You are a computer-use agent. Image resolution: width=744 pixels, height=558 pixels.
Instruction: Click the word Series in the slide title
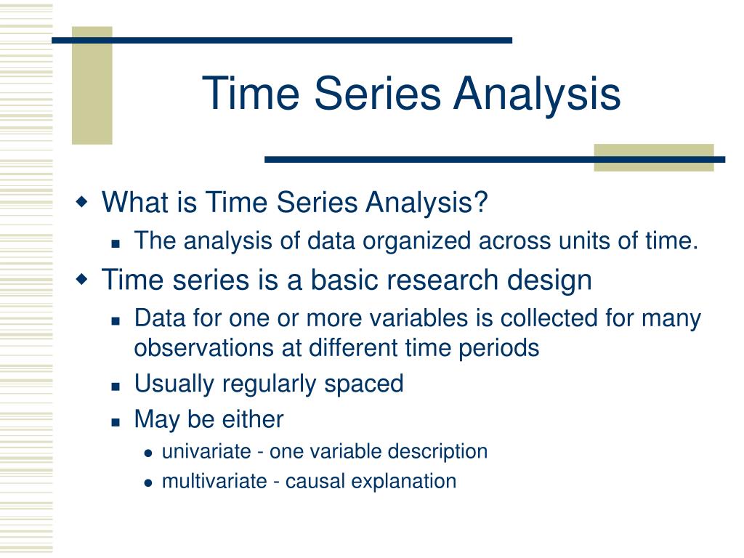(x=378, y=93)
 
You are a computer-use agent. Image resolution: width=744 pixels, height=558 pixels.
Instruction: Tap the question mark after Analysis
(x=480, y=202)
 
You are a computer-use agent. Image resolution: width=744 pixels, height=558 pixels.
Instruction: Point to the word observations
(x=204, y=348)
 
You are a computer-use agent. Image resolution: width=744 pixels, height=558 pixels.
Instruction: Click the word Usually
(x=174, y=384)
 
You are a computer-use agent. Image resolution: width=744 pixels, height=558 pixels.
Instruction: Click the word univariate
(x=206, y=451)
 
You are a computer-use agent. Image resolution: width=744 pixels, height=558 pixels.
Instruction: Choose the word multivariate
(x=214, y=481)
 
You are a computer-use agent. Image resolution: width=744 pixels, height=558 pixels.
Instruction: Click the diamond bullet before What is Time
(x=82, y=202)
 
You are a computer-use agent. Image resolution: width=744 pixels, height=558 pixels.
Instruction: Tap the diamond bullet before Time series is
(x=82, y=279)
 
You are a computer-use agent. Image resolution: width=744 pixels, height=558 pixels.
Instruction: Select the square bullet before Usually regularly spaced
(x=116, y=387)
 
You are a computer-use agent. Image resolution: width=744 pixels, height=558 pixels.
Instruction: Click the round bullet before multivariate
(x=148, y=483)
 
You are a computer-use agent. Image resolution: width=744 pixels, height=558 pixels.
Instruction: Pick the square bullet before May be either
(x=116, y=422)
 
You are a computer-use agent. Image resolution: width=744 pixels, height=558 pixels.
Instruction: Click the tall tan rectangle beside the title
(x=92, y=86)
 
